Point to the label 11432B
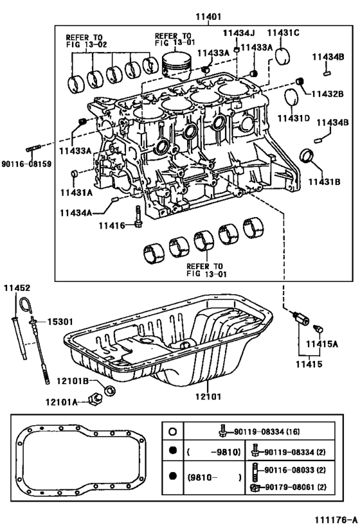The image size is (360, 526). click(x=330, y=94)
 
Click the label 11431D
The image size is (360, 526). click(x=294, y=119)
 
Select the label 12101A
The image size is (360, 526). click(x=62, y=402)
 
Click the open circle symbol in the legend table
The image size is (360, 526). click(x=172, y=432)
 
